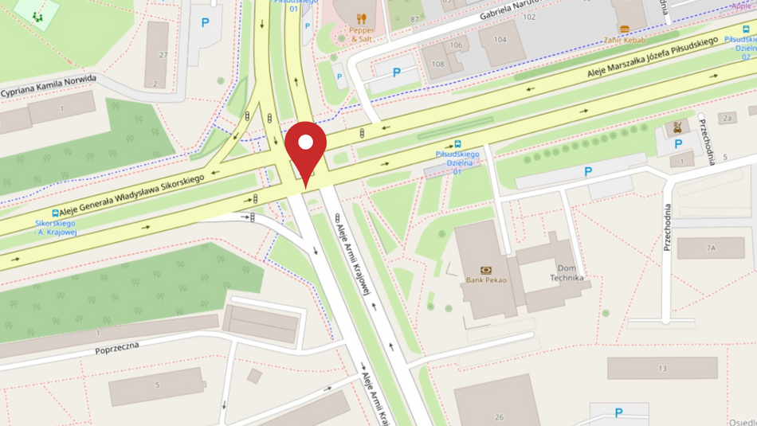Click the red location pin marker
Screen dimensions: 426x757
click(306, 148)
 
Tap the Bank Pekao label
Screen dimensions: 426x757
click(485, 279)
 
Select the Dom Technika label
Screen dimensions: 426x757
click(567, 272)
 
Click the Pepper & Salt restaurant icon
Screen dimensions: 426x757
click(361, 18)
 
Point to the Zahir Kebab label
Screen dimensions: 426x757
click(624, 39)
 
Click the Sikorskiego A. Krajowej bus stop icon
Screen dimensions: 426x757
click(55, 213)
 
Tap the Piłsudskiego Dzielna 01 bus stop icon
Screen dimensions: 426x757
click(457, 144)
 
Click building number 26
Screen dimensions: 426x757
click(499, 416)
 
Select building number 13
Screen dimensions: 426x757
click(662, 369)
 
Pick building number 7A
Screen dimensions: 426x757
click(711, 248)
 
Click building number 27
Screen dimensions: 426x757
click(163, 55)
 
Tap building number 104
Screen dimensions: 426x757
click(500, 39)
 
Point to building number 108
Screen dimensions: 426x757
click(437, 64)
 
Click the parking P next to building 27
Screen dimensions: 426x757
click(205, 23)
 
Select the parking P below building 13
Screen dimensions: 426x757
click(618, 412)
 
